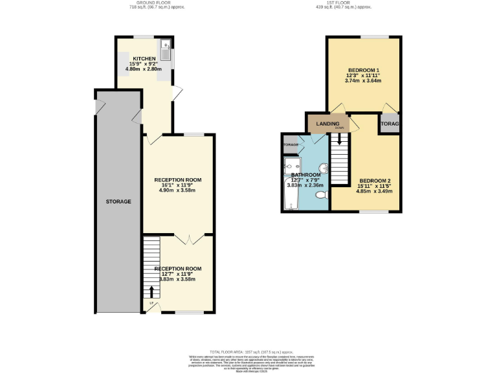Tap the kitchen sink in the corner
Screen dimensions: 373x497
point(166,46)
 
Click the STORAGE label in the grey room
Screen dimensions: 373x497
point(118,201)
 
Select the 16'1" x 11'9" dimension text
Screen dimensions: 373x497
point(177,186)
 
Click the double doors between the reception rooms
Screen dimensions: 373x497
point(188,239)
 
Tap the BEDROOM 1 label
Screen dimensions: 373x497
point(363,70)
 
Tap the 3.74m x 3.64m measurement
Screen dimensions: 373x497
point(363,81)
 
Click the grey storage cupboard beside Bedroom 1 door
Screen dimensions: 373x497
point(389,123)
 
